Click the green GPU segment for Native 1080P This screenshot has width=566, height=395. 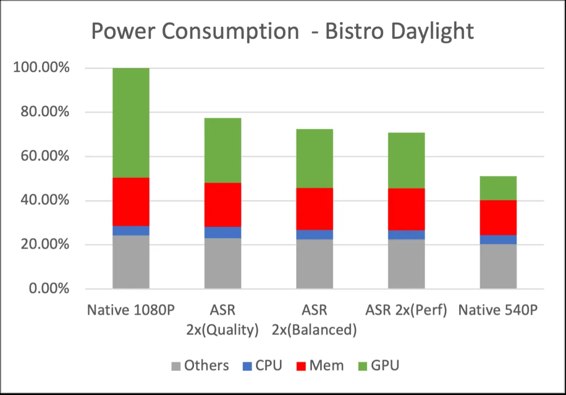coord(131,123)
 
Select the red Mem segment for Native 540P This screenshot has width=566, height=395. coord(498,217)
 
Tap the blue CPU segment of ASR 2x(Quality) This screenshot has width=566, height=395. coord(223,232)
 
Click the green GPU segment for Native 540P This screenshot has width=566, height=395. coord(498,188)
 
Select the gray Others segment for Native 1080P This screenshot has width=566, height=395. coord(131,261)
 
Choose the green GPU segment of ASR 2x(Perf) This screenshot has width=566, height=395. coord(406,160)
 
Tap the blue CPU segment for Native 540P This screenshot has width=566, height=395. coord(498,239)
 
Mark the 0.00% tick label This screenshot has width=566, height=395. coord(49,289)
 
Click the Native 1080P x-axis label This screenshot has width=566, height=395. coord(130,310)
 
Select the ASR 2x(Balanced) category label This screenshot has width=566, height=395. coord(314,320)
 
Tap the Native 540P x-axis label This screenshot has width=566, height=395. coord(498,310)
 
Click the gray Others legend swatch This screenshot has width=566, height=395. coord(175,365)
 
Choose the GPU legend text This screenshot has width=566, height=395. coord(385,365)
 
